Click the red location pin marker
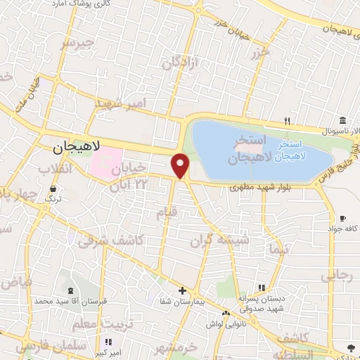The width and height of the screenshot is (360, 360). click(181, 165)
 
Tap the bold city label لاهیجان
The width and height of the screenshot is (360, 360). click(77, 147)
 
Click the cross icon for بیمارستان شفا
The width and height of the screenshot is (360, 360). click(181, 290)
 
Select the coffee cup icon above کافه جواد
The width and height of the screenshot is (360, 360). click(342, 218)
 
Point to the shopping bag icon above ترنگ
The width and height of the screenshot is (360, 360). click(54, 188)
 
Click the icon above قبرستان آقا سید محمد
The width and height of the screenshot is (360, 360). click(69, 290)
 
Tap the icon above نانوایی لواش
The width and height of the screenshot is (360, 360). click(226, 313)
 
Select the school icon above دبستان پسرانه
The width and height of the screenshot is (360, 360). click(262, 288)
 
